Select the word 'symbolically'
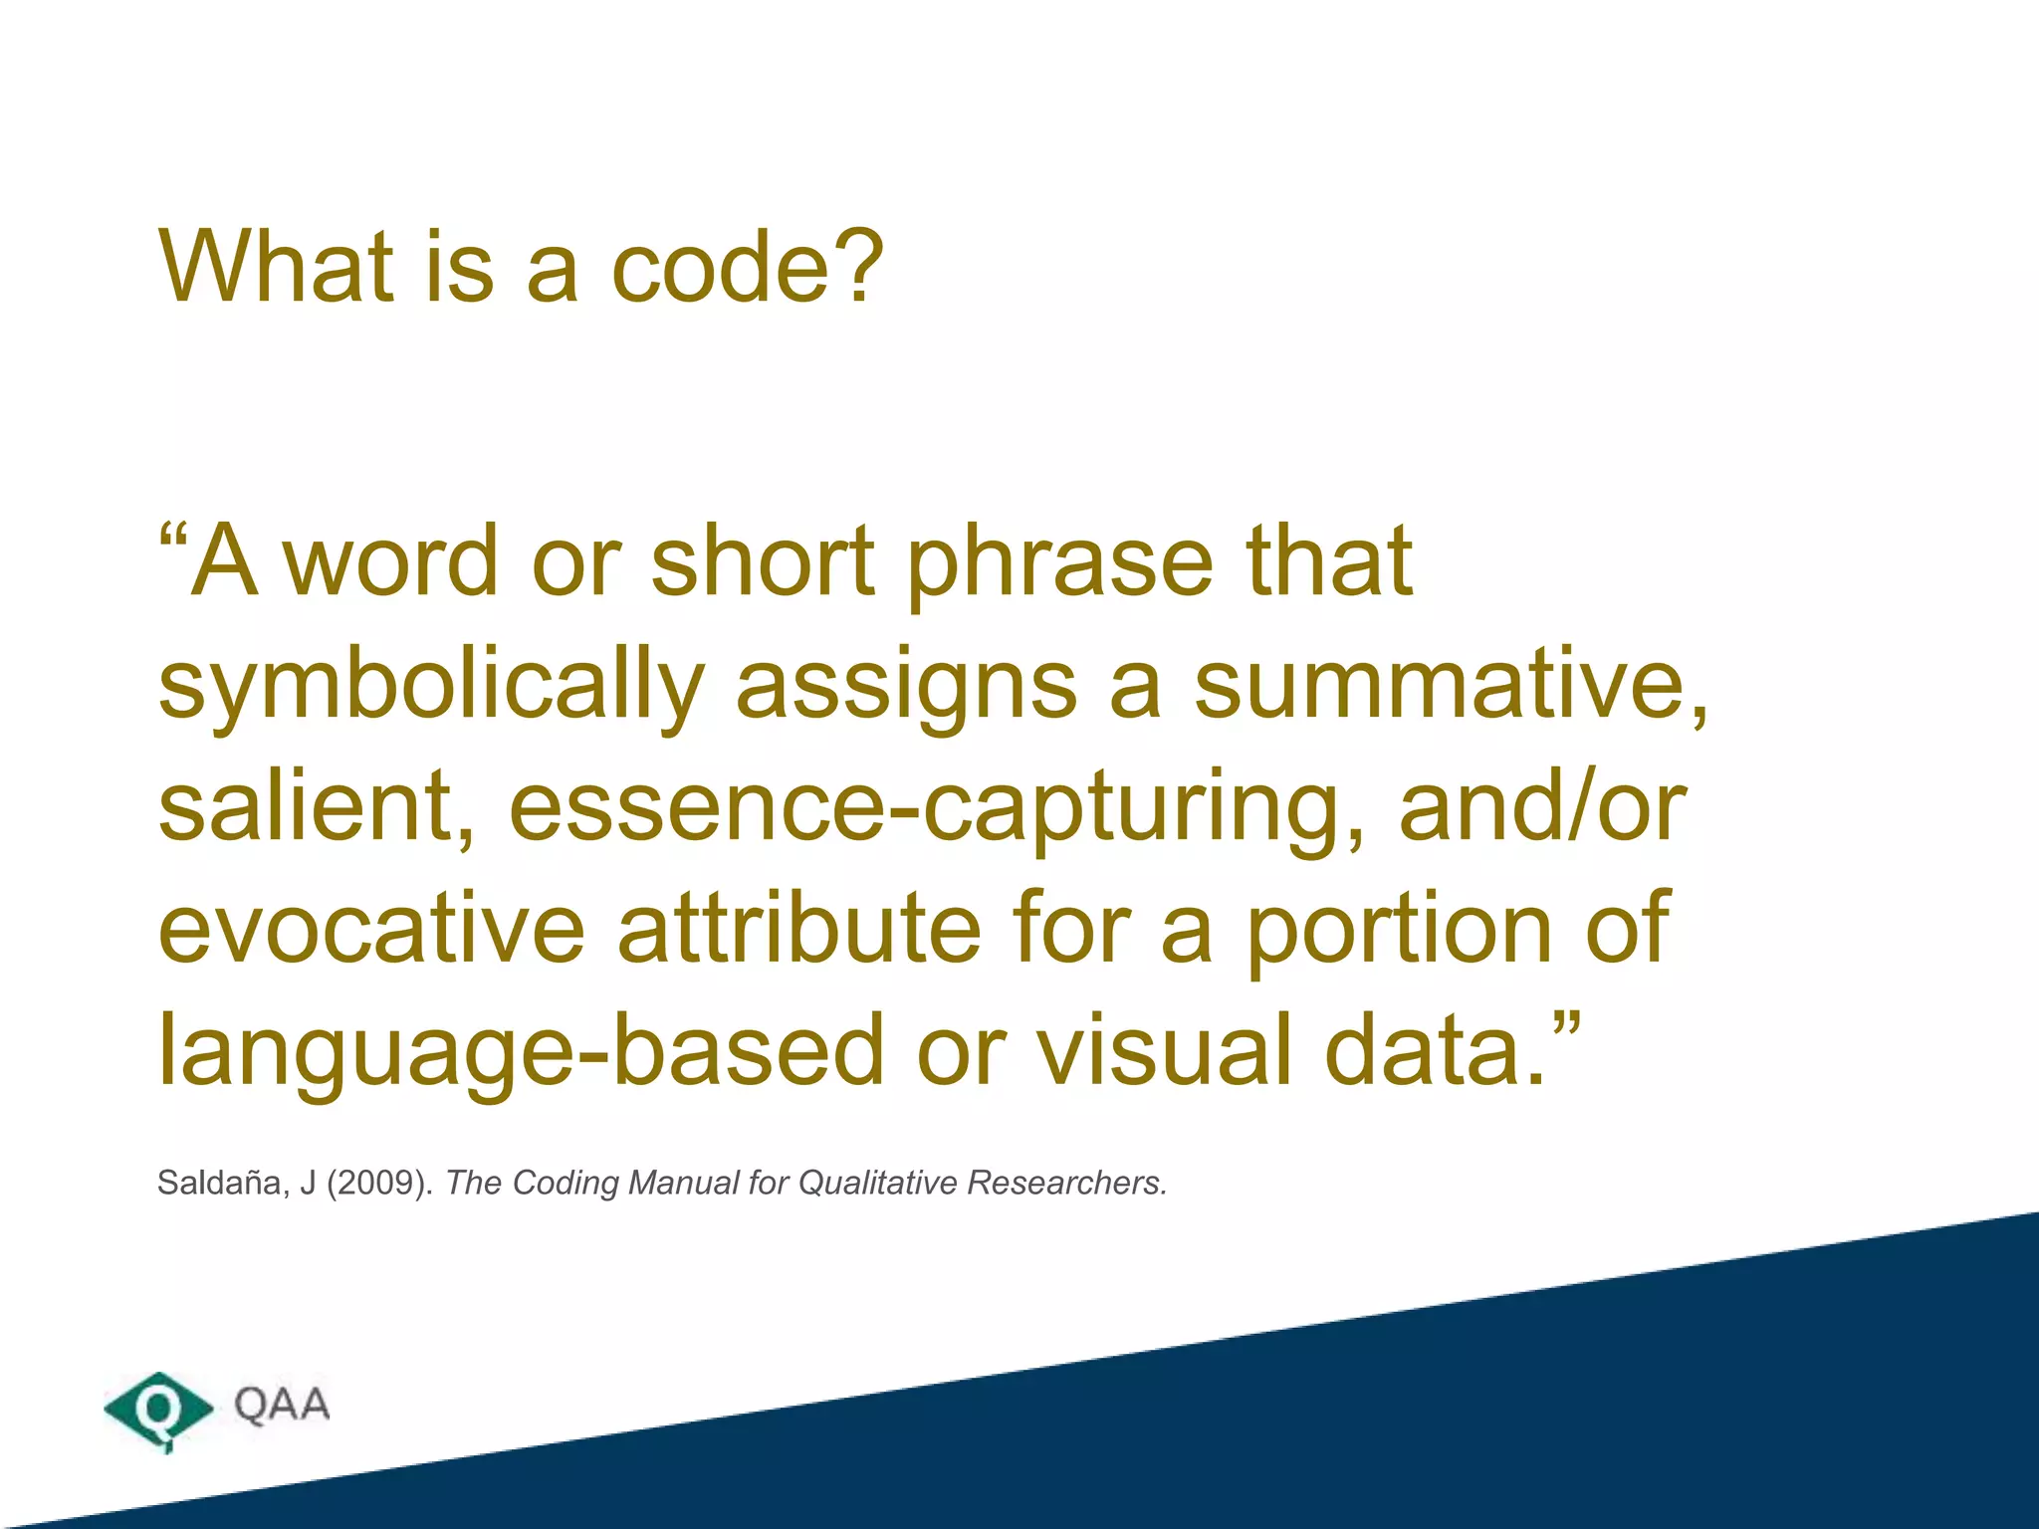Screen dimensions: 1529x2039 point(431,687)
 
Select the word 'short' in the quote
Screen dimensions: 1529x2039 point(763,561)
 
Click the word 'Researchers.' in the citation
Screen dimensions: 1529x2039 point(1066,1183)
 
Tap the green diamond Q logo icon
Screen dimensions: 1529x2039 point(158,1408)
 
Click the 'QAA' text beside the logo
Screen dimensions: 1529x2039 point(282,1405)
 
